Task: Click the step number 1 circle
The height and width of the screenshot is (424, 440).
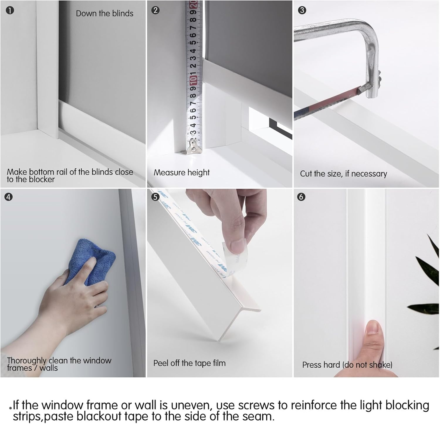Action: click(10, 11)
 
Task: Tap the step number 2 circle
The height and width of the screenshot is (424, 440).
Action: click(155, 10)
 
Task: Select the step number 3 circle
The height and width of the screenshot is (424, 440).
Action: click(302, 10)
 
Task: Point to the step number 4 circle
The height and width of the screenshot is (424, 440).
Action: click(9, 197)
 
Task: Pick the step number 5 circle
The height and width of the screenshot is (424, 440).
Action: click(155, 197)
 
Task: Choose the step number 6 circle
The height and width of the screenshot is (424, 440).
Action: click(301, 197)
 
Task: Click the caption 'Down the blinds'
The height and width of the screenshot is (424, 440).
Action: click(104, 13)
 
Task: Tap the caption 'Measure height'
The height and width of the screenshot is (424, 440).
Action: click(182, 172)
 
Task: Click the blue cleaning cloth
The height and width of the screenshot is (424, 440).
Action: click(90, 262)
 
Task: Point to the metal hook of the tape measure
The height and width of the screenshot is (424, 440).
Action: click(194, 146)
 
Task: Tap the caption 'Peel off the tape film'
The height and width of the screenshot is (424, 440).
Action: click(189, 363)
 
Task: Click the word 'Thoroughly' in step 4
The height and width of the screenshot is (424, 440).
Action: click(27, 361)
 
